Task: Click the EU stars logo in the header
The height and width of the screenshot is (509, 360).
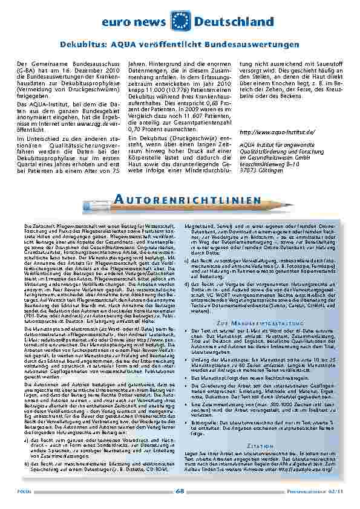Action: pos(181,21)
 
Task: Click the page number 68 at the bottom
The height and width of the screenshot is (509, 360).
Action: pos(180,490)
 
